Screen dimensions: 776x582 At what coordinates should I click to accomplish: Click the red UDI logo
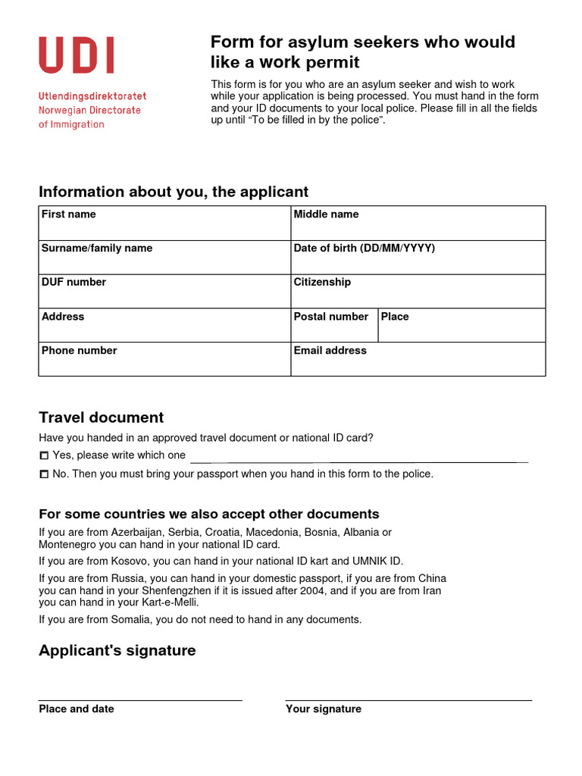coord(77,56)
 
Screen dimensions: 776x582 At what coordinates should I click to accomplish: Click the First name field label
coord(69,214)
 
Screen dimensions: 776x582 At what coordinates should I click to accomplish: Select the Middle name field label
coord(326,214)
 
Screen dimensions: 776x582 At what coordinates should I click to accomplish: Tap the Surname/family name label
coord(97,249)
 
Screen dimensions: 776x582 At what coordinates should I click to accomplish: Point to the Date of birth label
coord(365,249)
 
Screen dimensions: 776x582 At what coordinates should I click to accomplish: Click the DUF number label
coord(74,282)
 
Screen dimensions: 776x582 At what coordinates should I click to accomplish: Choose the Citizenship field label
coord(322,282)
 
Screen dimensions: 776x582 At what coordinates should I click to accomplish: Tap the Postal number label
coord(330,317)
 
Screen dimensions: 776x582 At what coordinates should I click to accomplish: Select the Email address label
coord(330,351)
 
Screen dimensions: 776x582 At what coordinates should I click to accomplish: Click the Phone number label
coord(79,351)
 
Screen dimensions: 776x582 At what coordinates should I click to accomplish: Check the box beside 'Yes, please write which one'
coord(44,456)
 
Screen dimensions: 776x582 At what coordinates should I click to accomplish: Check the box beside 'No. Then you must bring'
coord(44,474)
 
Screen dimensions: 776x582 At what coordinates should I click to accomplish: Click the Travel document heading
coord(101,418)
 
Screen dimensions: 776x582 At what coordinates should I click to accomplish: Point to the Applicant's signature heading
coord(117,651)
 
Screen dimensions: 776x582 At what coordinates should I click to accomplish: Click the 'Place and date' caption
coord(77,709)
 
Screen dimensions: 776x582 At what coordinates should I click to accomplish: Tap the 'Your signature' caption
coord(324,709)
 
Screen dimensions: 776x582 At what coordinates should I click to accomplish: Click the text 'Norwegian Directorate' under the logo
coord(89,111)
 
